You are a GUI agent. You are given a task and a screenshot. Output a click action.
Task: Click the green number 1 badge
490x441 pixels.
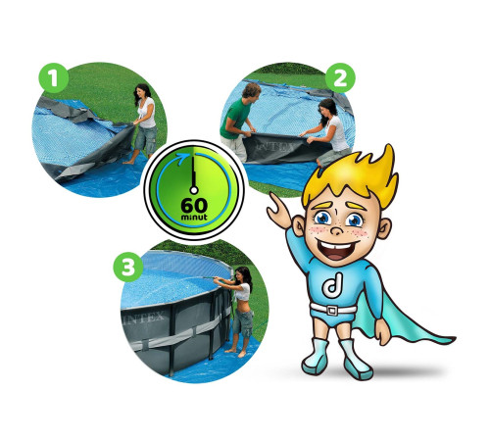pyautogui.click(x=54, y=78)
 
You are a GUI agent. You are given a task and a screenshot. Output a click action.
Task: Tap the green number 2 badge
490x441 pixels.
pyautogui.click(x=340, y=78)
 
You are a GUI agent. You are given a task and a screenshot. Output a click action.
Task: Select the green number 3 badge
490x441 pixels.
pyautogui.click(x=128, y=268)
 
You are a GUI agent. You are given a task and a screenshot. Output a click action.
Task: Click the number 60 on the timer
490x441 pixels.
pyautogui.click(x=194, y=206)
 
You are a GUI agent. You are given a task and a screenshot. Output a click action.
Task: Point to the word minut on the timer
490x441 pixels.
pyautogui.click(x=194, y=217)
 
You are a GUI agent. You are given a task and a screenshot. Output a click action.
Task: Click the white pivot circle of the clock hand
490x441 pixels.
pyautogui.click(x=194, y=190)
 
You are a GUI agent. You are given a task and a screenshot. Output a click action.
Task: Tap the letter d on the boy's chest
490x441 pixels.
pyautogui.click(x=332, y=285)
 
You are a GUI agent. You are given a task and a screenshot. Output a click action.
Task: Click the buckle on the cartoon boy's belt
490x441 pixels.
pyautogui.click(x=332, y=310)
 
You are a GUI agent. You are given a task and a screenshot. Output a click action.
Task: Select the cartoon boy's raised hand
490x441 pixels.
pyautogui.click(x=279, y=210)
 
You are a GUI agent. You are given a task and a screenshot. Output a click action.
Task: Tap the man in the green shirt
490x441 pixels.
pyautogui.click(x=240, y=120)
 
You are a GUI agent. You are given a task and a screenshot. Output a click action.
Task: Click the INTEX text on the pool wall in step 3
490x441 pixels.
pyautogui.click(x=143, y=318)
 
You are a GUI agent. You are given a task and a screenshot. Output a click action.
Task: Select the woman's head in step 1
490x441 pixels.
pyautogui.click(x=143, y=91)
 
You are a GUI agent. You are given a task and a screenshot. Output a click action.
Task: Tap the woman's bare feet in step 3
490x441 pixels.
pyautogui.click(x=235, y=352)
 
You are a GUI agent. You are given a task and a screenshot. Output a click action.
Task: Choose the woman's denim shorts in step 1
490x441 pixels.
pyautogui.click(x=146, y=140)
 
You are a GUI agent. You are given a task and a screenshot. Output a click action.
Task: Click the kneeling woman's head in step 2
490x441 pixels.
pyautogui.click(x=327, y=109)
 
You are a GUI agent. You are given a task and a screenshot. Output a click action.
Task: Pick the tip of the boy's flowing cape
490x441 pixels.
pyautogui.click(x=453, y=340)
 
